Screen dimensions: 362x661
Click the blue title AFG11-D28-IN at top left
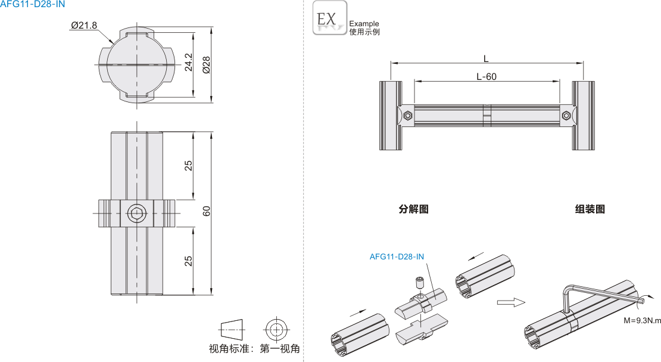33,4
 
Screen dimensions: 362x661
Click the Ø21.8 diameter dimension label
83,25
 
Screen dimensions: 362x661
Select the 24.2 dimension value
189,62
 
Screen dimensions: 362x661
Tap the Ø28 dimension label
207,64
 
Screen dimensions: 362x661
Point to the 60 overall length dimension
207,212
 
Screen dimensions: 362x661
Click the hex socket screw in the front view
136,213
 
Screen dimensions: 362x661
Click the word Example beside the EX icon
364,24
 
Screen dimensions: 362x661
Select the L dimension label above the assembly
486,58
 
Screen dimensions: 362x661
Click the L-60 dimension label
487,76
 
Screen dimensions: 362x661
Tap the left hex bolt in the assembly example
407,116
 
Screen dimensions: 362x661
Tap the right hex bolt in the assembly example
566,116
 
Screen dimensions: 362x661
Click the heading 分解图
413,209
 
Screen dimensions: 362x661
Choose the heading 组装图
590,209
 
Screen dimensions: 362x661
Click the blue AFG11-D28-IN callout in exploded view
397,257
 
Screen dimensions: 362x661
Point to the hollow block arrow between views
512,302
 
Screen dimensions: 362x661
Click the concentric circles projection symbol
276,329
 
